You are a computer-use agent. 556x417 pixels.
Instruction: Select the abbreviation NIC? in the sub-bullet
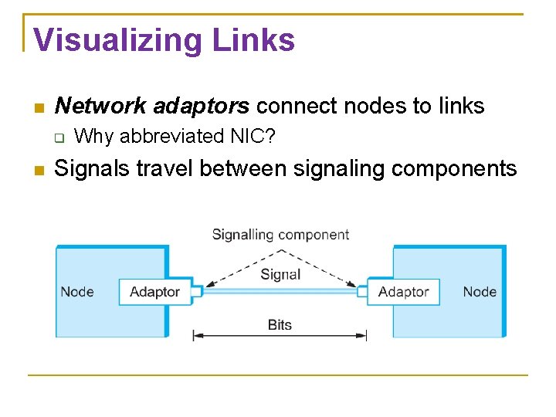point(259,137)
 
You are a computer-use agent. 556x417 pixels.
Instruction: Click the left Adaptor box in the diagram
point(154,292)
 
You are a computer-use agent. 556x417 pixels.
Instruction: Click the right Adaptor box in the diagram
point(403,292)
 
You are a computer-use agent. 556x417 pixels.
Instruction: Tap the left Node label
point(77,292)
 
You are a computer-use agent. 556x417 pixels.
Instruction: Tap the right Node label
point(480,292)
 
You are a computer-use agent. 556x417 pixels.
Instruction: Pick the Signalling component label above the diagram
point(280,235)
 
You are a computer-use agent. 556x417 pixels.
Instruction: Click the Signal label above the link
point(280,275)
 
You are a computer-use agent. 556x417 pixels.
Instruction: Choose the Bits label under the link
point(280,325)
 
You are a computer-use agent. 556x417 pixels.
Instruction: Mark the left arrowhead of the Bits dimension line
point(197,335)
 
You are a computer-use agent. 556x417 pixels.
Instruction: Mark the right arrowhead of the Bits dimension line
point(362,335)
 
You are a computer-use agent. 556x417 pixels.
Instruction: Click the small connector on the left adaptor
point(196,291)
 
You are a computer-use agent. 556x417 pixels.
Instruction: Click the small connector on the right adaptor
point(362,291)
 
